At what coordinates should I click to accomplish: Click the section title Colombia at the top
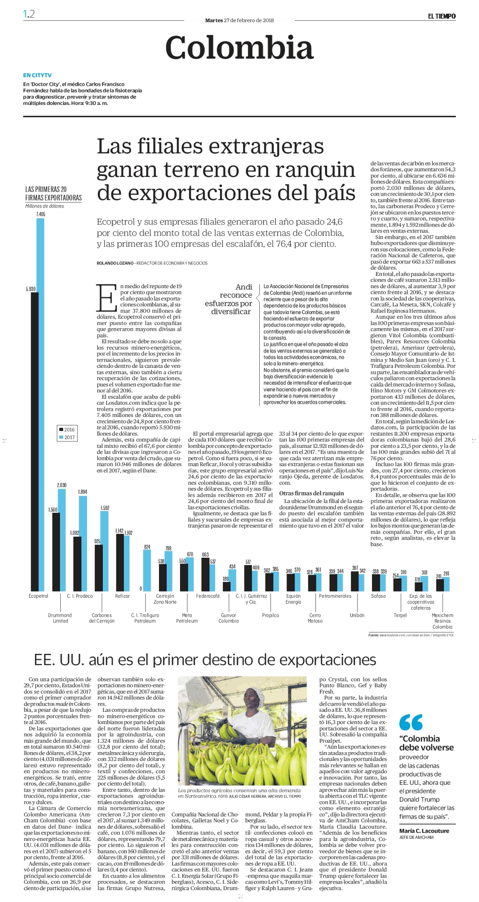tap(239, 47)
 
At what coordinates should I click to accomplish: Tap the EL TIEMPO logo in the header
tap(441, 16)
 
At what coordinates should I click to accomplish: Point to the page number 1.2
tap(29, 14)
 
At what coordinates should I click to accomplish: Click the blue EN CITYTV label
tap(37, 75)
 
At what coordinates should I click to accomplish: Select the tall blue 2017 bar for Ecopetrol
tap(40, 405)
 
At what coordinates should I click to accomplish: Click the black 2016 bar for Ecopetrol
tap(35, 442)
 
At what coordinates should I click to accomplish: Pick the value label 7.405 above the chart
tap(40, 214)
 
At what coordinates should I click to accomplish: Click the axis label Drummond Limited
tap(60, 618)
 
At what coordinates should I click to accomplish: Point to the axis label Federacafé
tap(208, 596)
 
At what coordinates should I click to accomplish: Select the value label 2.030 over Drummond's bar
tap(62, 485)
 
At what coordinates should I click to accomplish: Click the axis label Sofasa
tap(378, 596)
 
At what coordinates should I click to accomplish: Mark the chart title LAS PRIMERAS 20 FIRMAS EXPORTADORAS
tap(53, 194)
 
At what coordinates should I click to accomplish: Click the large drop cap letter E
tap(106, 297)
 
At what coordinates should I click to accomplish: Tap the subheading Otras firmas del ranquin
tap(311, 493)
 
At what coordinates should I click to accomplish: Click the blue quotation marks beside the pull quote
tap(411, 722)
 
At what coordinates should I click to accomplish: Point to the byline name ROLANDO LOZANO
tap(115, 263)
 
